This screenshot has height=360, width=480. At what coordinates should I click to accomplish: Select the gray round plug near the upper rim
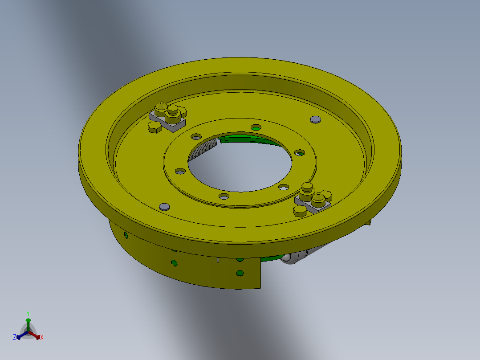click(x=315, y=119)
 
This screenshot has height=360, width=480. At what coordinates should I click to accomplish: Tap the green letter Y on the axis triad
click(x=28, y=313)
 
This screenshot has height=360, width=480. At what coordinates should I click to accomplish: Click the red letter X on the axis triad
click(x=42, y=338)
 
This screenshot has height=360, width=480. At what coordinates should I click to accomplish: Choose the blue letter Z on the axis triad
click(x=15, y=338)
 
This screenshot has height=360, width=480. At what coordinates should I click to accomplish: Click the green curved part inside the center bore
click(x=249, y=139)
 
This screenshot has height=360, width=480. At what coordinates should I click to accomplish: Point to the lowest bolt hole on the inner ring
click(x=224, y=196)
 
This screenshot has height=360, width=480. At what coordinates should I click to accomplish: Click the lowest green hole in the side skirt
click(x=240, y=273)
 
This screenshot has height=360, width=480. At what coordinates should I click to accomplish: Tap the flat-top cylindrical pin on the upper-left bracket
click(x=173, y=110)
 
